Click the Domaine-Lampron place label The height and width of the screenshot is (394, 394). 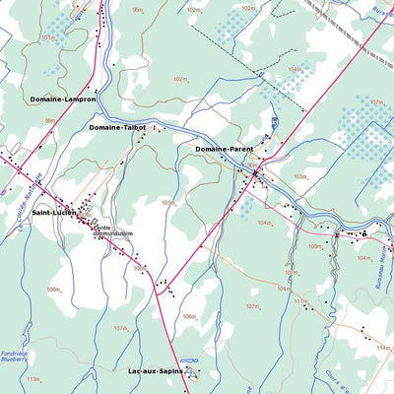tap(63, 99)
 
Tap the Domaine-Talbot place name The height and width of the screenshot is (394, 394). tap(117, 127)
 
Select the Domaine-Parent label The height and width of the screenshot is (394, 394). tap(224, 149)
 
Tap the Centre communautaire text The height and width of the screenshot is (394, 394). tap(113, 230)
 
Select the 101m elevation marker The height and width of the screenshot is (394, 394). tap(47, 36)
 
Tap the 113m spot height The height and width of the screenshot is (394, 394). tap(33, 378)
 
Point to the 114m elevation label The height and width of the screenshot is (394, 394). tap(382, 348)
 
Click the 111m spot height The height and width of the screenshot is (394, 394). tap(299, 301)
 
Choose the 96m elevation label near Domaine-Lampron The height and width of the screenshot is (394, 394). tap(49, 120)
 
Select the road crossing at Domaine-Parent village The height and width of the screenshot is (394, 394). tap(255, 175)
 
